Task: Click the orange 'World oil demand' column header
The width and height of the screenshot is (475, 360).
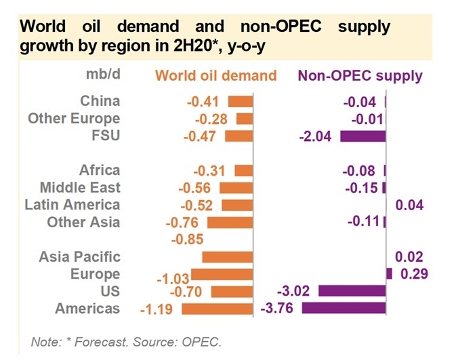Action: [216, 75]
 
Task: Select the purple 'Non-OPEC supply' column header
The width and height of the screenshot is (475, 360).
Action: [360, 75]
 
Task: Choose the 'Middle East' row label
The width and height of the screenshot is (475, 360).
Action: [80, 187]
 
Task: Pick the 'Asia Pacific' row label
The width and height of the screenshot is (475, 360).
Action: [79, 257]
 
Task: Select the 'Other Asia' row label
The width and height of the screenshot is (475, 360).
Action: [83, 222]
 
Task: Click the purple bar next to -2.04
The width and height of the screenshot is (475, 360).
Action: [363, 136]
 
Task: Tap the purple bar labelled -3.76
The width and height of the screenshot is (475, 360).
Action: [344, 308]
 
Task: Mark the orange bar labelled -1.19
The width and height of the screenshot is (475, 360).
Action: [217, 308]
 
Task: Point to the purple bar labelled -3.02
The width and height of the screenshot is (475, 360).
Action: [352, 292]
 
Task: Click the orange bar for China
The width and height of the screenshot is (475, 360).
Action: [241, 102]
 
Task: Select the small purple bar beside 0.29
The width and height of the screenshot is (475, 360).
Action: [389, 274]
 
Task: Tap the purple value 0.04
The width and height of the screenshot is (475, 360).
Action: [409, 205]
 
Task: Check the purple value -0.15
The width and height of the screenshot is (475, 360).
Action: [362, 188]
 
